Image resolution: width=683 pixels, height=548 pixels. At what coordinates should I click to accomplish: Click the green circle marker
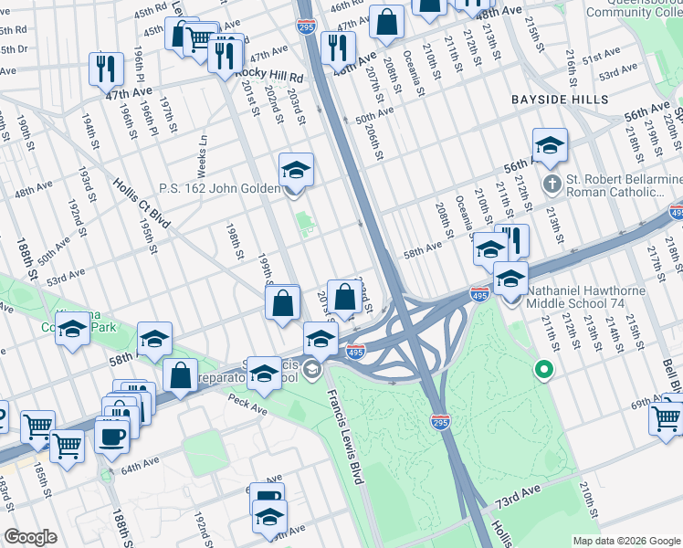(x=544, y=370)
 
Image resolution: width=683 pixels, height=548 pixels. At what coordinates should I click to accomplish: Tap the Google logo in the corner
(x=30, y=537)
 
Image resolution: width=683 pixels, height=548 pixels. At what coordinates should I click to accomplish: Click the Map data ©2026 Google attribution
(x=625, y=541)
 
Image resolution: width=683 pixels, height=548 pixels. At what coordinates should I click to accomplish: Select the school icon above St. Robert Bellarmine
(x=550, y=145)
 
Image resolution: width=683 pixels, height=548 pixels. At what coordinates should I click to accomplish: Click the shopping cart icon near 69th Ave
(x=667, y=416)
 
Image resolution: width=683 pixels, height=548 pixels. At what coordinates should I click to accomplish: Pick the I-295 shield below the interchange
(x=440, y=421)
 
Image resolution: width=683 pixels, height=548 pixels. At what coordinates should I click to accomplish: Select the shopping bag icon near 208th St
(x=387, y=22)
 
